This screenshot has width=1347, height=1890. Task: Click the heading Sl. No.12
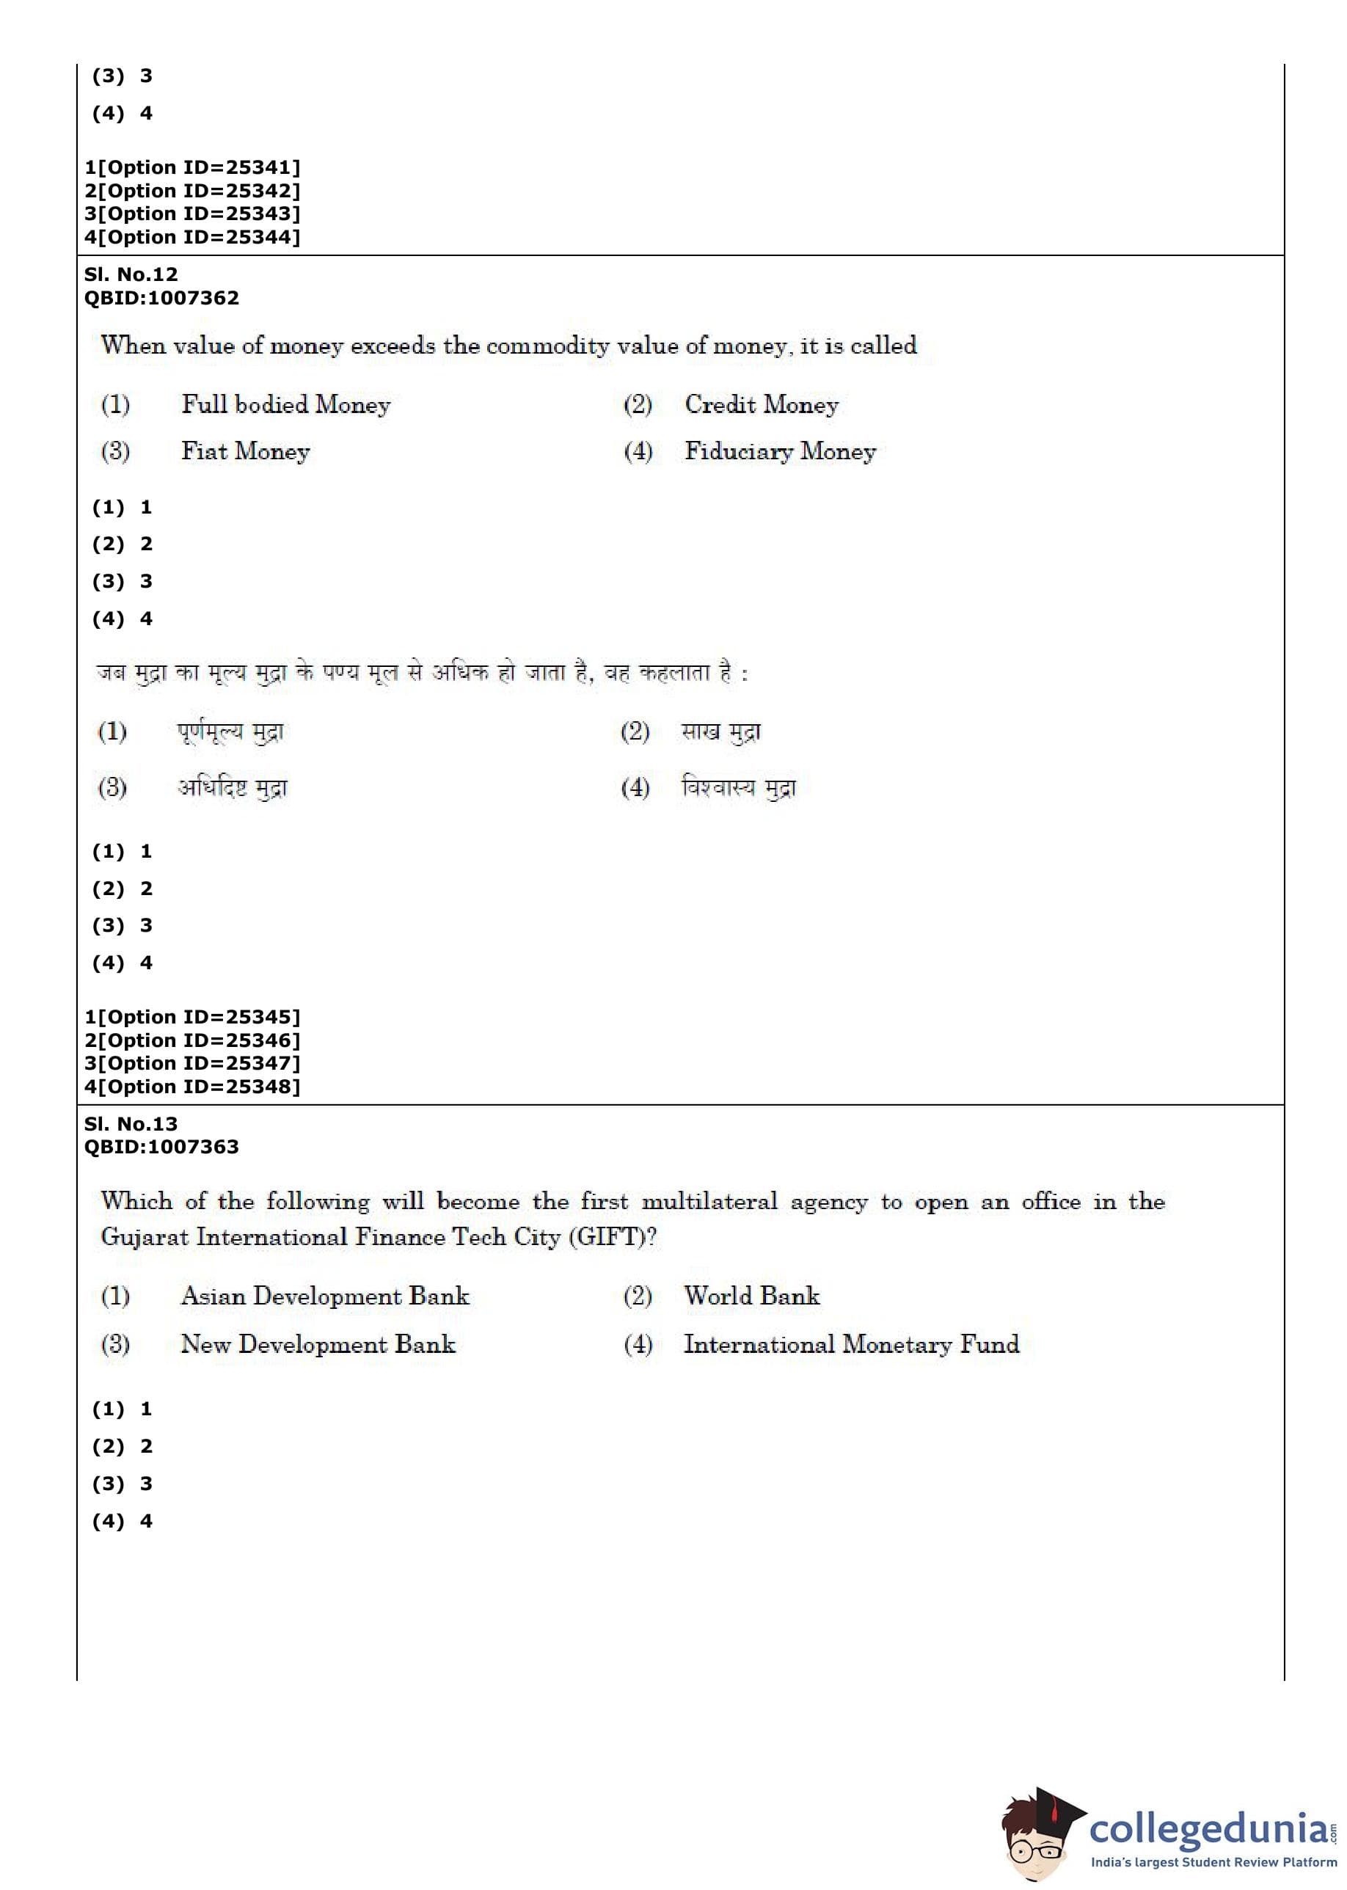click(x=131, y=274)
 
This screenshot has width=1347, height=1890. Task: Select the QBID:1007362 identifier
click(x=161, y=298)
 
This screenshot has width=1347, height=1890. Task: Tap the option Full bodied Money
click(x=285, y=405)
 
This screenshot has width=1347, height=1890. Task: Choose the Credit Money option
click(x=762, y=405)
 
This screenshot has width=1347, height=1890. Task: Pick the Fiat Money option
click(x=246, y=451)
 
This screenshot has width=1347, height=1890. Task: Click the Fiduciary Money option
click(x=780, y=451)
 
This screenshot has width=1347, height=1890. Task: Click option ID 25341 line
click(x=192, y=167)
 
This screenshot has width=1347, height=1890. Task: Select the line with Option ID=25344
click(x=192, y=237)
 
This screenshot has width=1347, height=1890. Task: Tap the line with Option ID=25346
click(x=192, y=1040)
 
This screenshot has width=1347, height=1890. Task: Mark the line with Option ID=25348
click(x=192, y=1087)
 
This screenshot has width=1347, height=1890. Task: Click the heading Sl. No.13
click(x=131, y=1124)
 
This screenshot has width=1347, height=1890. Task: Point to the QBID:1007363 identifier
click(x=161, y=1147)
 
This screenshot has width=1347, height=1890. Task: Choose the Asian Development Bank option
click(x=325, y=1296)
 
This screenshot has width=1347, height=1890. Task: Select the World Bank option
click(x=751, y=1296)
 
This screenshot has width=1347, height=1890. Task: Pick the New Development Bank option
click(x=318, y=1344)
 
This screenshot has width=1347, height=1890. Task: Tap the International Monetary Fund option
click(x=851, y=1344)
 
